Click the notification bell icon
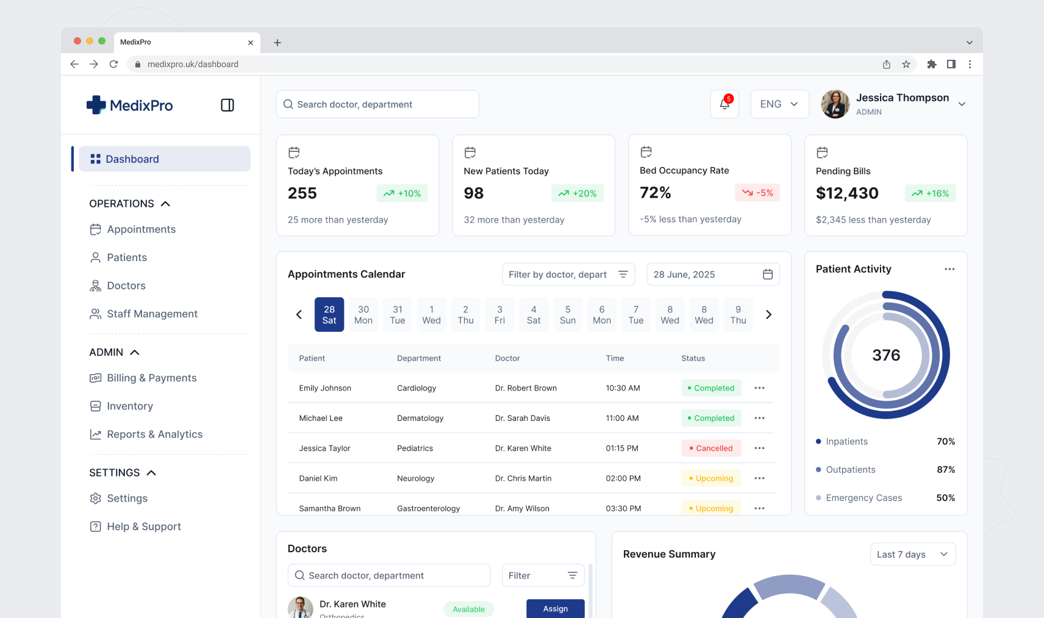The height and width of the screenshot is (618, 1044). [x=724, y=104]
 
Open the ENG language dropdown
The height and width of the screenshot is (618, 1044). [x=779, y=104]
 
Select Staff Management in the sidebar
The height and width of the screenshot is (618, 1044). [x=152, y=314]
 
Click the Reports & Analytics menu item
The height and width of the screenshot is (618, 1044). [x=154, y=434]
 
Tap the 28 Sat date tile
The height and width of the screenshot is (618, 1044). [x=329, y=315]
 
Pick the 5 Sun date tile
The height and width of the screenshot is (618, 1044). [x=568, y=315]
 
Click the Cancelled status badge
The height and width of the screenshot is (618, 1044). [x=711, y=448]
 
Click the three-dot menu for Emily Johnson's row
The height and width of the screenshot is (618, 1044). [x=759, y=388]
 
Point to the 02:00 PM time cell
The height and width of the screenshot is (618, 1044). [x=623, y=478]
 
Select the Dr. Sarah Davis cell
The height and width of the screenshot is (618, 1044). [x=523, y=419]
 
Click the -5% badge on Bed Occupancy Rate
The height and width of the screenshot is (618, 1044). [x=757, y=193]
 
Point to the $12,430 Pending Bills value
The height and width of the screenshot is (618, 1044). [x=847, y=193]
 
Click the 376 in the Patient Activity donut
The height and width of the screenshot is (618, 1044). [x=886, y=355]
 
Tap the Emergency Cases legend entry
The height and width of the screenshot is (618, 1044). [x=863, y=498]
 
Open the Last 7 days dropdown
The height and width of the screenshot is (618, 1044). [x=912, y=555]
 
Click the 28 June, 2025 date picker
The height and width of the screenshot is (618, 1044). [x=712, y=275]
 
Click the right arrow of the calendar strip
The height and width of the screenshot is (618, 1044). [x=768, y=315]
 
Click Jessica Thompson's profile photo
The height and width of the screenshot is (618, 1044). [x=835, y=104]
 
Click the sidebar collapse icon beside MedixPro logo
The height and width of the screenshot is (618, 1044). [x=227, y=106]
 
